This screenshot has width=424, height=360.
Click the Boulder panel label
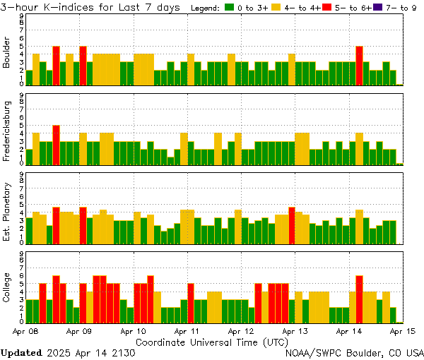pos(7,52)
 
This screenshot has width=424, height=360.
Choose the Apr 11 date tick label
pos(187,330)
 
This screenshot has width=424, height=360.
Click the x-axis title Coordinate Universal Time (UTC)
pos(212,341)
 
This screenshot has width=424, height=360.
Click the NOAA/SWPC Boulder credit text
pos(354,352)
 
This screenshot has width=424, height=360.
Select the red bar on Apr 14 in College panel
pos(359,298)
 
